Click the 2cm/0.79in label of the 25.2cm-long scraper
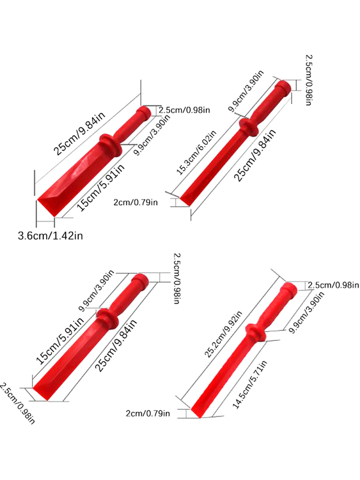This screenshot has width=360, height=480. pos(148,413)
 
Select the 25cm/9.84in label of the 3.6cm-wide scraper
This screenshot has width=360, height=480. pos(79,133)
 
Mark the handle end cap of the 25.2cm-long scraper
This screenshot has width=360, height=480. pos(289,289)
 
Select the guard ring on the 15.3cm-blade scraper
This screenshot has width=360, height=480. pos(249,127)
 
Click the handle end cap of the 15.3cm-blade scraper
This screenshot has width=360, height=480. pos(283,88)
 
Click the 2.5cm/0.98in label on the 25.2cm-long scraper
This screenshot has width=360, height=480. pos(333,285)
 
